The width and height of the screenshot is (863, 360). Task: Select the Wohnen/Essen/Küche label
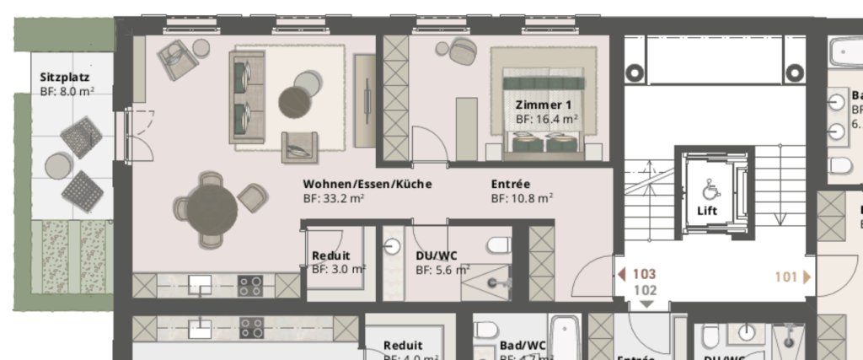pos(367,184)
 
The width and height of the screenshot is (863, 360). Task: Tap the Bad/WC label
pos(523,345)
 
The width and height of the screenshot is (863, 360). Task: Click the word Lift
pos(707,211)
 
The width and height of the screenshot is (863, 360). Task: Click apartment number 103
pos(643,275)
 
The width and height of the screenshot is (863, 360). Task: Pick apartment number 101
pos(785,275)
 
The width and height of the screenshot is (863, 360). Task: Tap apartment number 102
pos(644,289)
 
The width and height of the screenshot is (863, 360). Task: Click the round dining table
pos(211,207)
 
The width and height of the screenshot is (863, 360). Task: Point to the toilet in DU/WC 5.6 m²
pos(499,245)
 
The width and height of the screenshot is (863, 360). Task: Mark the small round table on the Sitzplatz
pos(58,164)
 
